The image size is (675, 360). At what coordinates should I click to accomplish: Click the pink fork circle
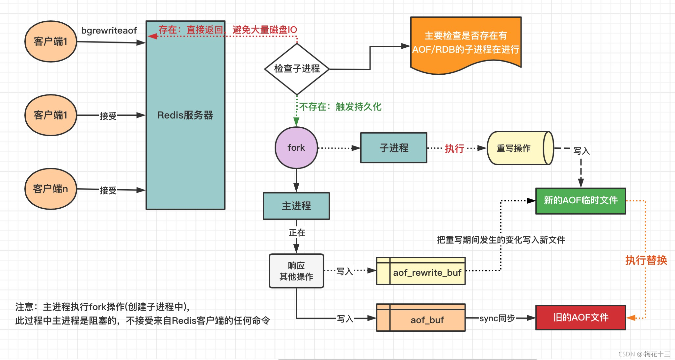pyautogui.click(x=296, y=148)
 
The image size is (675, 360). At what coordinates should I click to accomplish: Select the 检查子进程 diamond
pyautogui.click(x=297, y=69)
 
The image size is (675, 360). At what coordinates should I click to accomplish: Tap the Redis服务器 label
pyautogui.click(x=185, y=115)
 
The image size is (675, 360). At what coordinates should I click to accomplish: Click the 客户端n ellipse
pyautogui.click(x=51, y=189)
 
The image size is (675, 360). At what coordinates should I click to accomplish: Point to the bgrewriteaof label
pyautogui.click(x=109, y=31)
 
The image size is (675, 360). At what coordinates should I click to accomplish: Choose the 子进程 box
pyautogui.click(x=393, y=148)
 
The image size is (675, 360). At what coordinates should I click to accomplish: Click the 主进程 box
pyautogui.click(x=296, y=206)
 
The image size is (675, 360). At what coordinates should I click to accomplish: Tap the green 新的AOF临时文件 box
pyautogui.click(x=580, y=201)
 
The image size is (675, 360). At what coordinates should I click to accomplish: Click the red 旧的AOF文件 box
pyautogui.click(x=580, y=318)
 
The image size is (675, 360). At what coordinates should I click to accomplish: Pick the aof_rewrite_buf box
pyautogui.click(x=421, y=271)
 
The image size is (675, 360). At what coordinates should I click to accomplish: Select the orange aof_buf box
pyautogui.click(x=421, y=318)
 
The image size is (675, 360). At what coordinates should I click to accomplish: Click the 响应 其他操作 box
pyautogui.click(x=296, y=271)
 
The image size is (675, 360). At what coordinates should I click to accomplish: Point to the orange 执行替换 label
pyautogui.click(x=646, y=260)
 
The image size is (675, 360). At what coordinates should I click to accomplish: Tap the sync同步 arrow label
pyautogui.click(x=497, y=318)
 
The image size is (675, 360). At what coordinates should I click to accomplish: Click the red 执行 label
pyautogui.click(x=454, y=148)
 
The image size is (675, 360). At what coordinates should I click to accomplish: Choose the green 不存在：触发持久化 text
pyautogui.click(x=340, y=107)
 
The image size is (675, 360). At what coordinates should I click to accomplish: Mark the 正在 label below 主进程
pyautogui.click(x=297, y=233)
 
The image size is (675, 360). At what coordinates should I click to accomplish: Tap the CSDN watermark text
pyautogui.click(x=644, y=354)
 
